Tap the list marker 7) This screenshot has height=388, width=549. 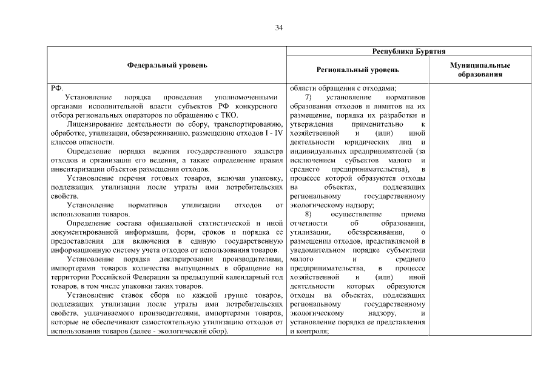[x=308, y=97]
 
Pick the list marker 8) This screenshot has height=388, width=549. [x=308, y=214]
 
